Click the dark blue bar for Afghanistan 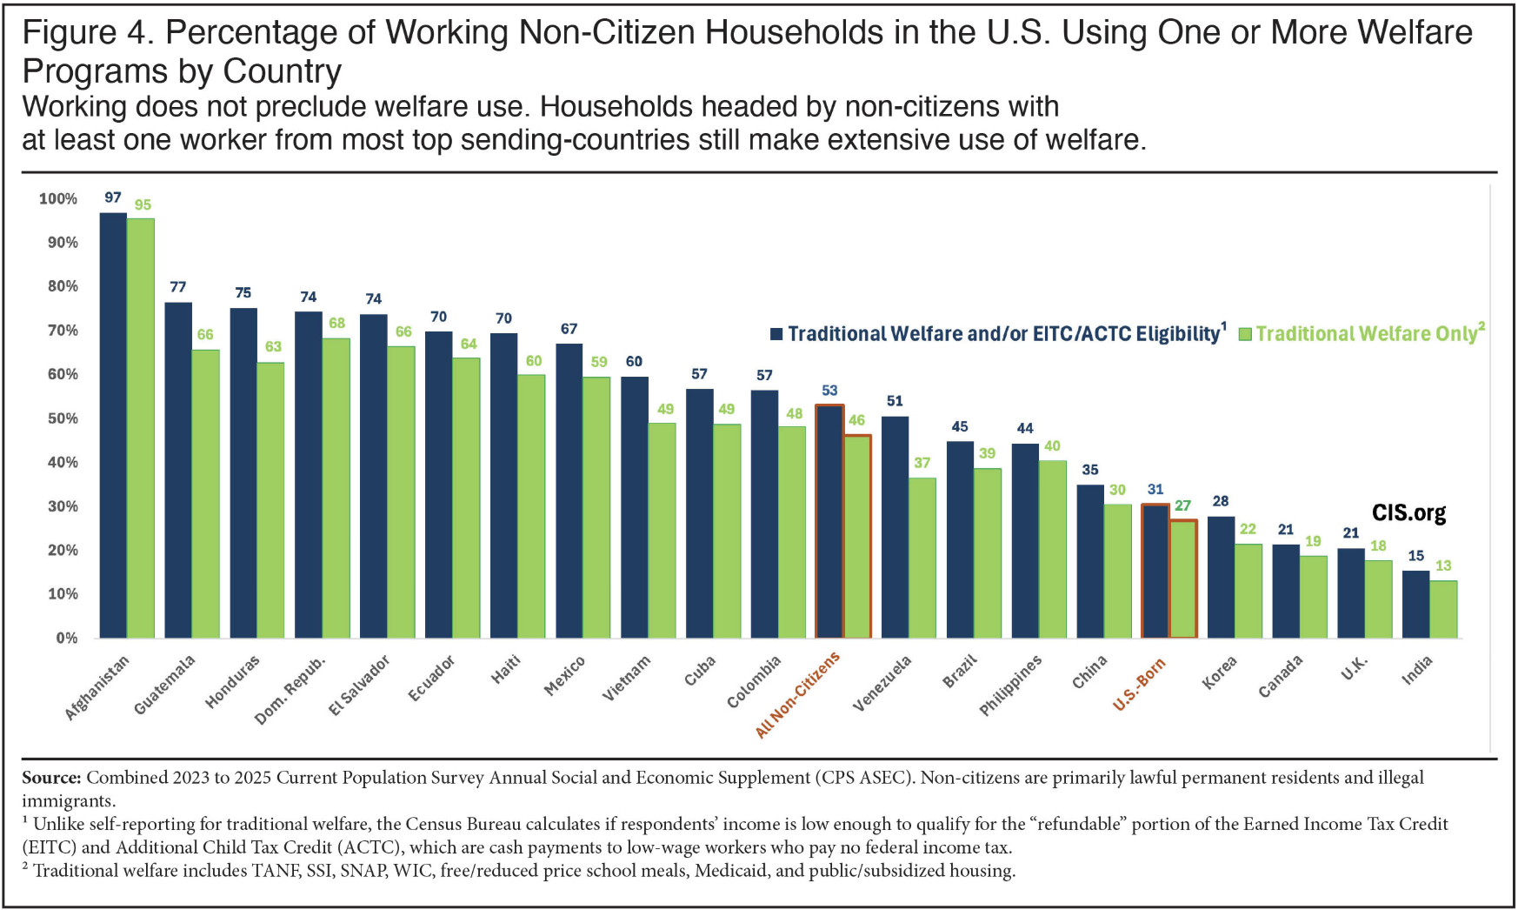click(x=113, y=426)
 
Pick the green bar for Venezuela click(x=922, y=558)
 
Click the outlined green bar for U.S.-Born click(x=1182, y=579)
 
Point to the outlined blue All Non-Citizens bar click(x=829, y=522)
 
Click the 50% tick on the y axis click(x=63, y=418)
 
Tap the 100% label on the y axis click(x=58, y=199)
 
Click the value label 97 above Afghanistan click(x=113, y=197)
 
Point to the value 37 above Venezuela click(x=922, y=463)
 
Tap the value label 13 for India click(x=1443, y=565)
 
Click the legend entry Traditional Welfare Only click(x=1365, y=334)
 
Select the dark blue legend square click(x=776, y=334)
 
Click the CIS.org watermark click(x=1408, y=513)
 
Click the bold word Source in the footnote click(x=51, y=778)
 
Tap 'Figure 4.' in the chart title click(x=87, y=33)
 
